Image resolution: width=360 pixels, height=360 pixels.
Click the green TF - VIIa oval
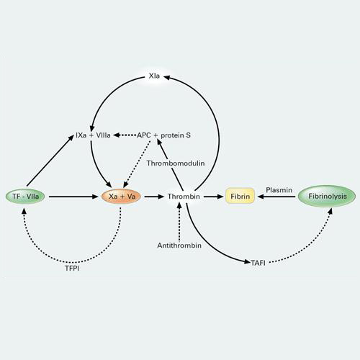[25, 197]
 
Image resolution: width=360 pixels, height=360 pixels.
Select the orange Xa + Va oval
[121, 197]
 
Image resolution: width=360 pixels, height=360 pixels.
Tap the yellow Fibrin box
[240, 196]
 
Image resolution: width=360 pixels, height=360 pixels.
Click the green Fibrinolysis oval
[327, 196]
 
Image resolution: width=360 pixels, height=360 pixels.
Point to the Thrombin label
[184, 197]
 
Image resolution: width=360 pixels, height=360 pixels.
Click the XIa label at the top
[154, 76]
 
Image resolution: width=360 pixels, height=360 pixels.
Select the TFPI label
[72, 268]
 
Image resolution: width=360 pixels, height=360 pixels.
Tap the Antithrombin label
[179, 246]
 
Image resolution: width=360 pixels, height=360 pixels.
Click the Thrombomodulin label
[176, 163]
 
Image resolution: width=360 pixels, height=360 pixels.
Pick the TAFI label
[258, 263]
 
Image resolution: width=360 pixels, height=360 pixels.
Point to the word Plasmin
[279, 190]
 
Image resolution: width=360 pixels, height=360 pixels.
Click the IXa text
[81, 135]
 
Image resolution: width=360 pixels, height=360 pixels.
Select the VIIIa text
[103, 135]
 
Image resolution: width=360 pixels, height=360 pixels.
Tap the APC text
[144, 135]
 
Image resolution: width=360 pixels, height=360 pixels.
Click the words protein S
[176, 135]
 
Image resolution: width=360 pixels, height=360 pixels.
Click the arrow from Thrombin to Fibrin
[214, 197]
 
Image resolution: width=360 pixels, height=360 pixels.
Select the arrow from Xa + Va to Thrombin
[154, 197]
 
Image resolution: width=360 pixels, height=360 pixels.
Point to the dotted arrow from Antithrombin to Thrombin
[179, 221]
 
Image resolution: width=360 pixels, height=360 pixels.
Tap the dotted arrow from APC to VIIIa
[125, 135]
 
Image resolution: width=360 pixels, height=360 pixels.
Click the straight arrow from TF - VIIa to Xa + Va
[73, 197]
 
